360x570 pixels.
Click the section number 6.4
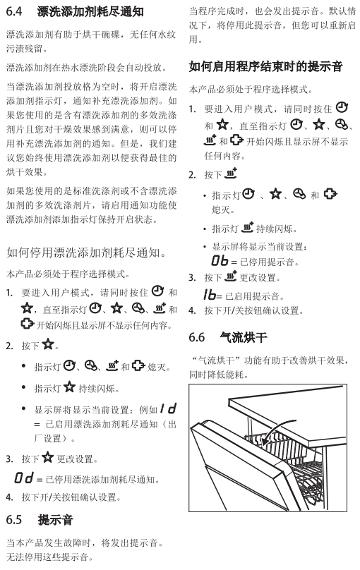[x=14, y=11]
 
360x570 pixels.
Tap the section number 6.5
[x=14, y=520]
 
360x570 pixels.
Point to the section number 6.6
[x=196, y=337]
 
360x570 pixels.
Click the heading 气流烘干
[x=244, y=337]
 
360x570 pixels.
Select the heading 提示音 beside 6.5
[x=55, y=520]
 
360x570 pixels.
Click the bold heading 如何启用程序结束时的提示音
[x=266, y=66]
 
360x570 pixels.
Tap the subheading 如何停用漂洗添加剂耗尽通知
[x=86, y=252]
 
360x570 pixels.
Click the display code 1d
[x=169, y=409]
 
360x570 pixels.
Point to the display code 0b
[x=220, y=260]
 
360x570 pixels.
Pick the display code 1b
[x=210, y=295]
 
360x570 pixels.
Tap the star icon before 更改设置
[x=47, y=457]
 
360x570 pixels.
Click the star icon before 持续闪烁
[x=69, y=387]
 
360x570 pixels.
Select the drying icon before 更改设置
[x=231, y=277]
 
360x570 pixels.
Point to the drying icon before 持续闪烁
[x=247, y=227]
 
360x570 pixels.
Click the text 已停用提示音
[x=268, y=262]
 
